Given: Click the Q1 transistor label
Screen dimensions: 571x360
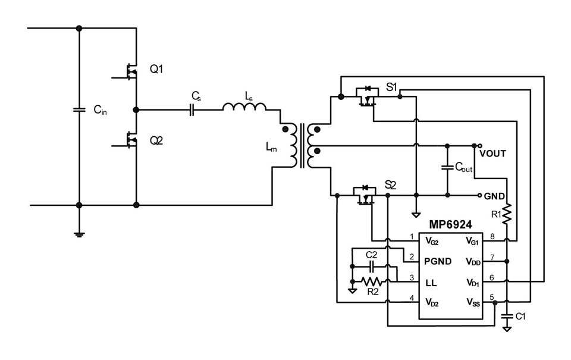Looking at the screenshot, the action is click(156, 69).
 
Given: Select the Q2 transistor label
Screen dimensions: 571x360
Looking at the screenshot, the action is click(156, 140).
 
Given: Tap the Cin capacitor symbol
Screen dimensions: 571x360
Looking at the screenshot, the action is click(79, 109).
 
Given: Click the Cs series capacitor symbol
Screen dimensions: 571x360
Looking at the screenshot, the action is click(192, 109).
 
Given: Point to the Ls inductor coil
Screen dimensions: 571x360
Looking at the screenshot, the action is click(244, 107).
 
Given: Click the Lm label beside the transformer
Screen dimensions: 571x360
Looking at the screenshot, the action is click(271, 147).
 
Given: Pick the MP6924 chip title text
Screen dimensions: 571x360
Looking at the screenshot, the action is click(450, 224).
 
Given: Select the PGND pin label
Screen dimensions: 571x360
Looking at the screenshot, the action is click(438, 261).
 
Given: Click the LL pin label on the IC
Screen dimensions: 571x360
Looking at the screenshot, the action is click(431, 283).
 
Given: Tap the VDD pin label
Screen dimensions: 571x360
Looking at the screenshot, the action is click(473, 262).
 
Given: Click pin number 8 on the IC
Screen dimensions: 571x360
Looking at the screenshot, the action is click(492, 236).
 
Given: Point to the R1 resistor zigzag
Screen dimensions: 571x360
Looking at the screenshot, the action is click(507, 214).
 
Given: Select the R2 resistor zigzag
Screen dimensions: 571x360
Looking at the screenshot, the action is click(372, 281).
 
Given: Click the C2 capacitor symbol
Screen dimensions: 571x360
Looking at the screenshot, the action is click(372, 267).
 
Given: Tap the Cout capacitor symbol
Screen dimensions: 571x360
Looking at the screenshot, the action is click(447, 168).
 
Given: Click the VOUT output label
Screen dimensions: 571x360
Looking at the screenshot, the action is click(492, 154).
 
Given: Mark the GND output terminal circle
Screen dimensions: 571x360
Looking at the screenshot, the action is click(479, 195).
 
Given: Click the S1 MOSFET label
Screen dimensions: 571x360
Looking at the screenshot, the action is click(391, 87).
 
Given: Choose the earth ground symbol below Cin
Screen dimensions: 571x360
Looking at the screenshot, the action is click(79, 234).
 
